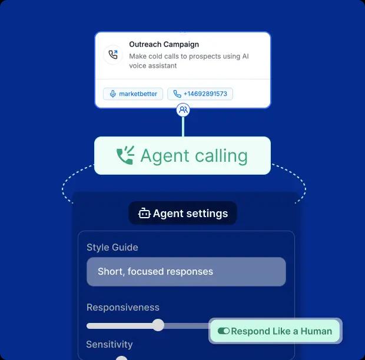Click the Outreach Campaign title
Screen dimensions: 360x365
[x=164, y=44]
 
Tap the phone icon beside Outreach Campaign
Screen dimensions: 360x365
[x=112, y=55]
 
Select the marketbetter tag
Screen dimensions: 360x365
[x=134, y=94]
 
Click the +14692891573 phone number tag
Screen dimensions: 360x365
[x=200, y=94]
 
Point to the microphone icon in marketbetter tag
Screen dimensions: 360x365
[x=112, y=94]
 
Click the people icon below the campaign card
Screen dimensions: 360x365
[x=183, y=109]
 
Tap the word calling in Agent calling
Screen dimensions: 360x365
[x=218, y=156]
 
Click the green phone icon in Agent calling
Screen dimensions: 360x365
[x=125, y=156]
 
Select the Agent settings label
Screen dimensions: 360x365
[x=190, y=214]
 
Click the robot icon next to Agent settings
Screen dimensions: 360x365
[x=144, y=214]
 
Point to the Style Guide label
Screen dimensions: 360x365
[x=112, y=247]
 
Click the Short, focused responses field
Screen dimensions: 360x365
[x=186, y=272]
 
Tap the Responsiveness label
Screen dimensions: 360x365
[x=122, y=307]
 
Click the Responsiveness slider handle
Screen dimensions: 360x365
[x=158, y=325]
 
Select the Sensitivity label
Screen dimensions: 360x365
[x=109, y=344]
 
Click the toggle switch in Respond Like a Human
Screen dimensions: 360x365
[x=223, y=331]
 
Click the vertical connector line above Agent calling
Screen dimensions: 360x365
[x=183, y=126]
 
